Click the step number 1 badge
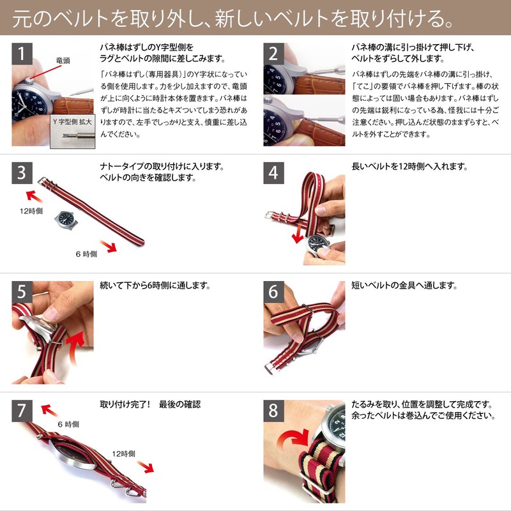22,54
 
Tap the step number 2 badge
273,54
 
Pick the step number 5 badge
22,292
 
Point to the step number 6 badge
273,292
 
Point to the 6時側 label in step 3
87,254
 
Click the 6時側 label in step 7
69,423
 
